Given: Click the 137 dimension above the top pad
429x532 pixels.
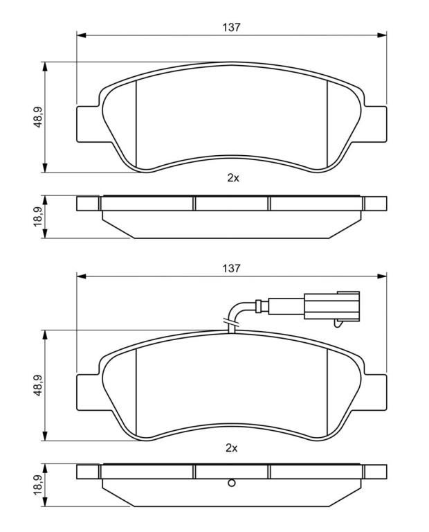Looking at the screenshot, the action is [231, 27].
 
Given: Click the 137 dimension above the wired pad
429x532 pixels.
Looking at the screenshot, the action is [231, 268].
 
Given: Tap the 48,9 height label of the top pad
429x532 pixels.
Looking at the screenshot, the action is [37, 117].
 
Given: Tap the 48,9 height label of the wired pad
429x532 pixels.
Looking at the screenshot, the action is [37, 385].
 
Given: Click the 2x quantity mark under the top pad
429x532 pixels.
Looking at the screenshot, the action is [233, 178].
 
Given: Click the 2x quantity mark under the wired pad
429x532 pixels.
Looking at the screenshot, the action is [231, 448].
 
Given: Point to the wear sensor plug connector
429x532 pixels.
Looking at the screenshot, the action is [331, 305].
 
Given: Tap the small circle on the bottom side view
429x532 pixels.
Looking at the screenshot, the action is [231, 483].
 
